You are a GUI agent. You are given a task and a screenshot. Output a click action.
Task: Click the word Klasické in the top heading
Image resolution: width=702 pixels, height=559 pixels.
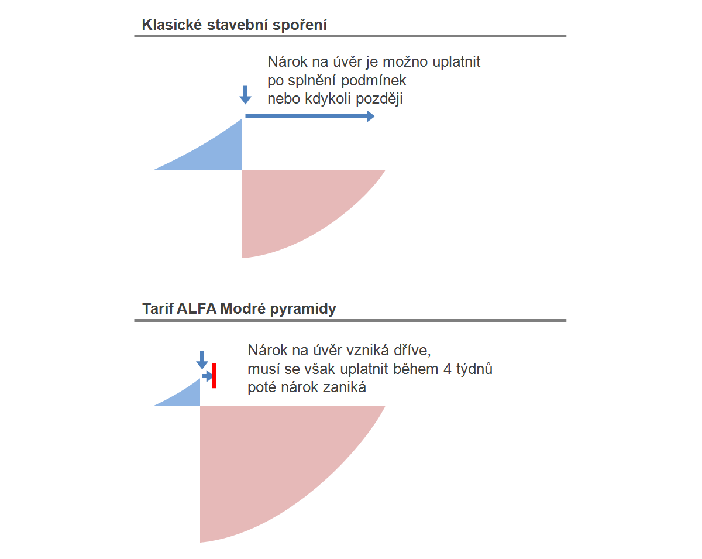click(x=172, y=25)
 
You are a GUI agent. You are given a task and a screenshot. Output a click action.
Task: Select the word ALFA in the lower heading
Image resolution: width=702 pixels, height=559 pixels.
click(x=197, y=308)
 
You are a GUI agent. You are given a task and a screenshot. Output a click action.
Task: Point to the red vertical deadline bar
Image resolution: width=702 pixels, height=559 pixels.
click(x=214, y=376)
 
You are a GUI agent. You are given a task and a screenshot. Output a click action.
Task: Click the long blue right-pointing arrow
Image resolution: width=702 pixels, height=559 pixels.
click(x=310, y=116)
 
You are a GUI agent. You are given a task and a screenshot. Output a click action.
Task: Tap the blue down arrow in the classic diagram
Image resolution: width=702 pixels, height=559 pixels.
click(x=245, y=95)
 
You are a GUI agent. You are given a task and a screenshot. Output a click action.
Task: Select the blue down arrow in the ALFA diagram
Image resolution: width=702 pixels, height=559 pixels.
click(x=202, y=360)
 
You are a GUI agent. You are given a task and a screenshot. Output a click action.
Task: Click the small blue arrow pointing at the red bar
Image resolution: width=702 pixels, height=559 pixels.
click(x=208, y=376)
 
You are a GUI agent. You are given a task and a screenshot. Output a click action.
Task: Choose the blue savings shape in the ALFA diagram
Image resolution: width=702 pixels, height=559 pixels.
click(x=186, y=396)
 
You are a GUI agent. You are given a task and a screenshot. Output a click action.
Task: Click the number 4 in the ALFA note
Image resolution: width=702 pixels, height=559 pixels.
click(x=447, y=369)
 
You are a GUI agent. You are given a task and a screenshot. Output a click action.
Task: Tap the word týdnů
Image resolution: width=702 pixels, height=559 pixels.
click(x=474, y=369)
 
